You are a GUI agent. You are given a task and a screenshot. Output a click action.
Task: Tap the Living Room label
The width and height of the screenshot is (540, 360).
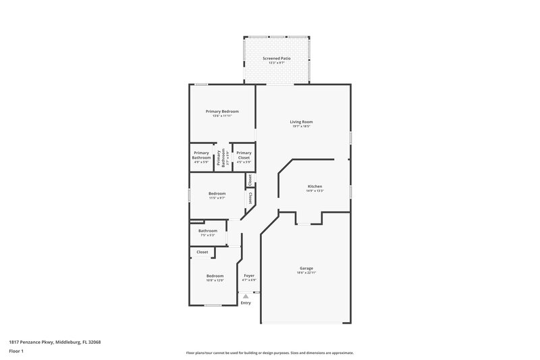click(x=301, y=122)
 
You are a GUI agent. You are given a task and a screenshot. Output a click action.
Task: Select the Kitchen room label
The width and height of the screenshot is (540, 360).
click(x=315, y=186)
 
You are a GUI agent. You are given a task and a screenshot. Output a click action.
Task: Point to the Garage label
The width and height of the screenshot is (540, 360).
click(x=306, y=268)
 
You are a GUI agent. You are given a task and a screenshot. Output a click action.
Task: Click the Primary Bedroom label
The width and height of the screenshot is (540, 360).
click(x=222, y=111)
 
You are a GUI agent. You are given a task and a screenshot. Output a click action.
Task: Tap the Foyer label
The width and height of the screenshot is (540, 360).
click(x=249, y=275)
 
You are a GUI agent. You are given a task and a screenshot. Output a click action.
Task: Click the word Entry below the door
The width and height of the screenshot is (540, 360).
click(x=246, y=303)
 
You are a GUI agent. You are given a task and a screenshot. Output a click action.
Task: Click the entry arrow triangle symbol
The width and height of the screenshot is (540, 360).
click(x=246, y=296)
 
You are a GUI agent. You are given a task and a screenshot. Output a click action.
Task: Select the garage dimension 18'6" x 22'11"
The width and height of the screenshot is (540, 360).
click(x=306, y=273)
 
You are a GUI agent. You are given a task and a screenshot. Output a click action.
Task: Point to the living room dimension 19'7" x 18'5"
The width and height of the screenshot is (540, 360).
click(x=301, y=126)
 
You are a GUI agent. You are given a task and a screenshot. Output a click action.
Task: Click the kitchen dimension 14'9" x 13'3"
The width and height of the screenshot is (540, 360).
click(x=315, y=190)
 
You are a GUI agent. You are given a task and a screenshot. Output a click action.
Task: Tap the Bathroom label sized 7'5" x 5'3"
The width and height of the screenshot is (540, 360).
click(x=207, y=230)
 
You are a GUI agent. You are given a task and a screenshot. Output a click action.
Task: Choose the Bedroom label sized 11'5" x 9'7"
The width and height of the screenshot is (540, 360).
click(x=217, y=193)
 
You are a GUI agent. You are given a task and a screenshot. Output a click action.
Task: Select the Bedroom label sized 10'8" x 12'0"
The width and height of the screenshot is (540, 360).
click(x=215, y=276)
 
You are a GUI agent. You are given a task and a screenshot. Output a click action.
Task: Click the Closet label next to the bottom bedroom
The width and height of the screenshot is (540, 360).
click(x=202, y=252)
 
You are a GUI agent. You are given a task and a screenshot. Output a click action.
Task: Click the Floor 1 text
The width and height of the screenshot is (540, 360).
click(x=16, y=351)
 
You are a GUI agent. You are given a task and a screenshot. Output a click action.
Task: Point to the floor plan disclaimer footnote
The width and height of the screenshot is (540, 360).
click(x=269, y=353)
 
